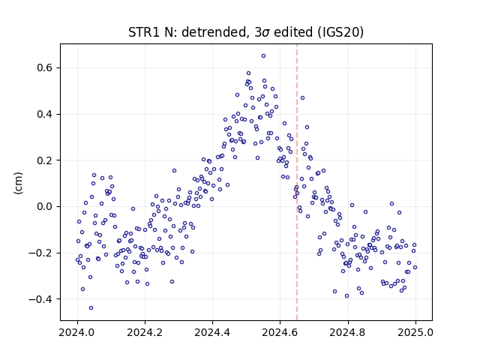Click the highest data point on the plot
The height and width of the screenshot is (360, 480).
point(263,56)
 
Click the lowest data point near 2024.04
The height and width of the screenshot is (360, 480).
point(91,308)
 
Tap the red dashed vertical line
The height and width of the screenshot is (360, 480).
point(297,182)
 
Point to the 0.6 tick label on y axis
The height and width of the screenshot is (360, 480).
point(45,68)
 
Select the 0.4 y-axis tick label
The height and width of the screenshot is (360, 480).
point(45,115)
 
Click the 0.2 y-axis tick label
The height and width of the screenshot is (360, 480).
point(45,160)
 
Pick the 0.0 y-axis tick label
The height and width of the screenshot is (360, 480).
point(45,207)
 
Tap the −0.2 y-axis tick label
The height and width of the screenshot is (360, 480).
point(40,253)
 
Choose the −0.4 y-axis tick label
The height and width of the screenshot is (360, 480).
point(40,299)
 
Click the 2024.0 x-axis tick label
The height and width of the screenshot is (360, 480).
point(77,332)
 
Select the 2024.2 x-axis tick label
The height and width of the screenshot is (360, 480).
point(145,332)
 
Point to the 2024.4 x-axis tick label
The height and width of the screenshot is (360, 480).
point(212,332)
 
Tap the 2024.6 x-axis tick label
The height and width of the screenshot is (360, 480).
point(280,332)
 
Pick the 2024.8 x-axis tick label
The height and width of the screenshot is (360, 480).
point(347,332)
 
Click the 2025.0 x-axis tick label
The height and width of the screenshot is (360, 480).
point(415,332)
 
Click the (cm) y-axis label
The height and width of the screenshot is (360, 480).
point(18,183)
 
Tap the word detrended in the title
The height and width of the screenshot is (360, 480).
point(214,32)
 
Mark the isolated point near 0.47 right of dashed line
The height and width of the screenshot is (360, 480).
point(302,98)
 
